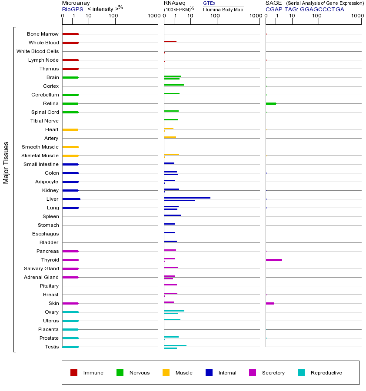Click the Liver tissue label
pos(52,199)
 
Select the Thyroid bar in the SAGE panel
pos(274,260)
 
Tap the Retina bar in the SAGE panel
pos(271,103)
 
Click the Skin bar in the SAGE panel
pos(270,303)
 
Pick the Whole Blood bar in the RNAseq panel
pos(170,42)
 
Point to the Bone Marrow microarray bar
pos(70,34)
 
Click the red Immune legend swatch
pos(74,373)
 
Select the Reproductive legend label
pos(326,373)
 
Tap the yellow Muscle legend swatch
pos(166,373)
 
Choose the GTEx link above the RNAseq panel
pos(209,3)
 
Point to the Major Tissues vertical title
pos(6,162)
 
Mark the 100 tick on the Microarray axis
pos(113,16)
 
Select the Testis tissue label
pos(52,347)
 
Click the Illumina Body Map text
pos(223,9)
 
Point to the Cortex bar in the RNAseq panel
pos(174,85)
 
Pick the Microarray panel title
pos(76,3)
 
